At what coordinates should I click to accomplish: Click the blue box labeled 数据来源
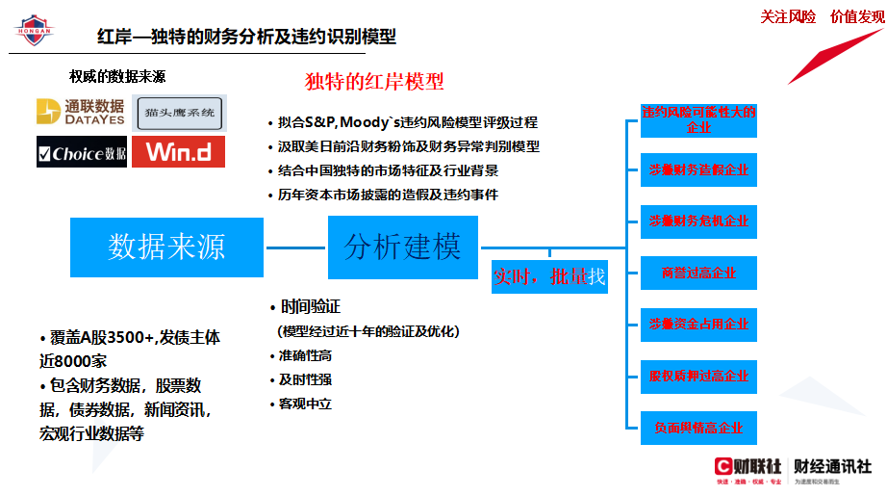[166, 247]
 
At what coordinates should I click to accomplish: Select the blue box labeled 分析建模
[402, 247]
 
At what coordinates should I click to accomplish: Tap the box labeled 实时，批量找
[549, 276]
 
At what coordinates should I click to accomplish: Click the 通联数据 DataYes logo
[81, 112]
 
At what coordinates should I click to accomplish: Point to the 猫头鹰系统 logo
[181, 114]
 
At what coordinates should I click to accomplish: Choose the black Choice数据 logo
[81, 152]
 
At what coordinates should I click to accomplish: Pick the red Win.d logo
[178, 152]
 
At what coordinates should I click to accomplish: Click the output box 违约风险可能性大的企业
[698, 119]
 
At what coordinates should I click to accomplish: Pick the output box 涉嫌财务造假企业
[698, 170]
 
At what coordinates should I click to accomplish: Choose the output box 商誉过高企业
[698, 273]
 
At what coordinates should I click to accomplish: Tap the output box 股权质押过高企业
[698, 375]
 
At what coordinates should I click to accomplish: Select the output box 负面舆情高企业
[698, 427]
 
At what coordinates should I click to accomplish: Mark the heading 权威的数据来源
[117, 76]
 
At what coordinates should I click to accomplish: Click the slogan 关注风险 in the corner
[788, 15]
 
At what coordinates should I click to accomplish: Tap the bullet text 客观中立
[305, 404]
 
